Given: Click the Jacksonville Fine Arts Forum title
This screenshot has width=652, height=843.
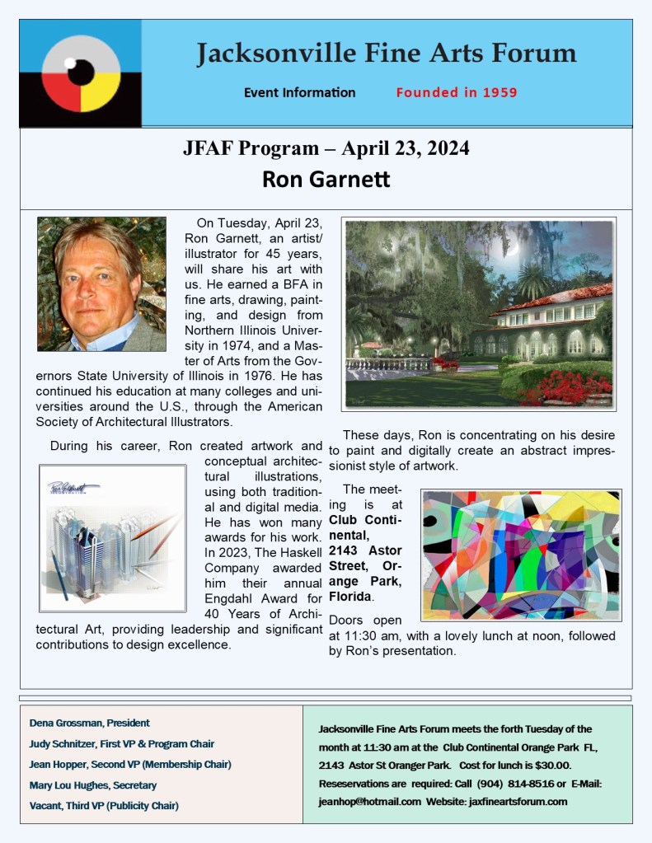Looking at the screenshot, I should [386, 54].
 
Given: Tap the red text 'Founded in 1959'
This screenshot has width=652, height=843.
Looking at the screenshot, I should [456, 92].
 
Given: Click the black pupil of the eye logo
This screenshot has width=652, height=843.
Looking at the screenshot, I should [80, 73].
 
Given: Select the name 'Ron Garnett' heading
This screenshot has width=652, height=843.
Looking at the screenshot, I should [326, 179].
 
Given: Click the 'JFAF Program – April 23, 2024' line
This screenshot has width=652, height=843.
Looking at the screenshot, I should [326, 148].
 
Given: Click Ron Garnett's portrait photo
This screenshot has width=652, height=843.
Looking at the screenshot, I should [101, 283].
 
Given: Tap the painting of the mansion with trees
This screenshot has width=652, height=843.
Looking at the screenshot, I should [478, 314].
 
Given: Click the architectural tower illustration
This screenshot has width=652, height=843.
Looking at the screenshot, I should [112, 538].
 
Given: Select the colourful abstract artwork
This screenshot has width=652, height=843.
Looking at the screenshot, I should [521, 555].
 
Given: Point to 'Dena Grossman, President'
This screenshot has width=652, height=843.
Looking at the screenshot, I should [90, 723].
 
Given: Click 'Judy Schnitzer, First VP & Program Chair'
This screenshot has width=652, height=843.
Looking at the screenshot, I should [121, 743].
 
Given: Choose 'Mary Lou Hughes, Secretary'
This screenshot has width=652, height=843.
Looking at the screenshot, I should [92, 784].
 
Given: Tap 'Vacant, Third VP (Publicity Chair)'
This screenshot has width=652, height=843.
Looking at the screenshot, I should [104, 805].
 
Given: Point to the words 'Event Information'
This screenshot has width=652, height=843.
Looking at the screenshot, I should [299, 92].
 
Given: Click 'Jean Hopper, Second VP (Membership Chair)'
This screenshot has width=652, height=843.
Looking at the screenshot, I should [130, 764].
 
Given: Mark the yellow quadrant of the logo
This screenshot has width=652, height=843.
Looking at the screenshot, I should [102, 96].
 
